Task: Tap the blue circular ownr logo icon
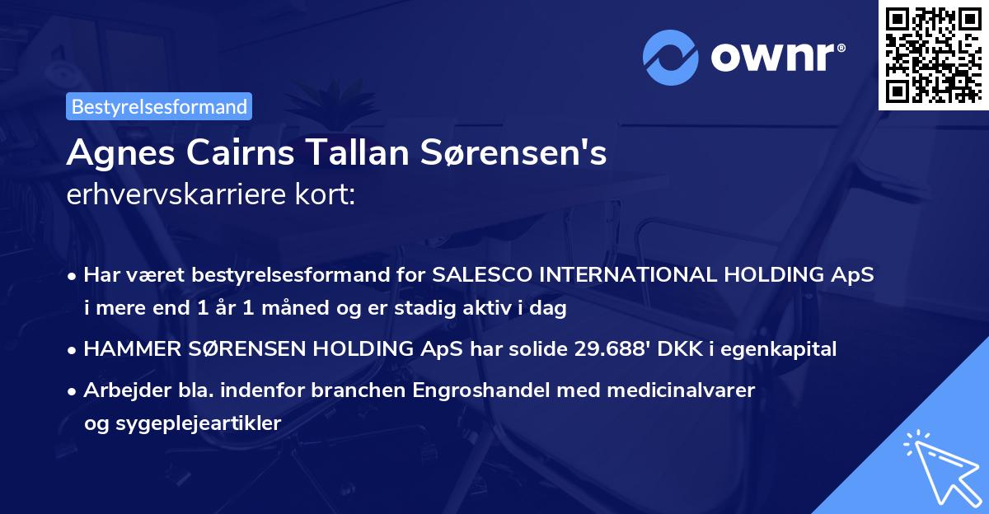[672, 57]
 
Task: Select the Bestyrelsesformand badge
[159, 106]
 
